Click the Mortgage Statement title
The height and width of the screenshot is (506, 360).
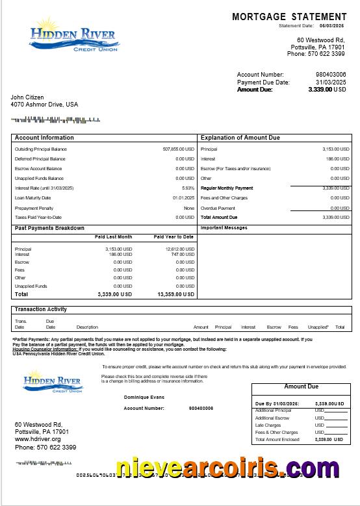[289, 17]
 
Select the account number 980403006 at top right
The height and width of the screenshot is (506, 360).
[331, 75]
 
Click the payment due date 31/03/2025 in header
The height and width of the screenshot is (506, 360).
[331, 82]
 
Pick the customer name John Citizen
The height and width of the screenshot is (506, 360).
[27, 97]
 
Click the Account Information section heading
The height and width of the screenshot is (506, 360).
[44, 138]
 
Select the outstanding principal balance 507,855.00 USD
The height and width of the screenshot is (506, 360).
[178, 149]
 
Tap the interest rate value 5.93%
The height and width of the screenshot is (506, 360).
[188, 188]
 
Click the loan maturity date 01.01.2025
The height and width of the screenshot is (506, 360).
[183, 197]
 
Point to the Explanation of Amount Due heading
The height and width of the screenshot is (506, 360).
[240, 138]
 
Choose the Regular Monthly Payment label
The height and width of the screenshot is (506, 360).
[227, 188]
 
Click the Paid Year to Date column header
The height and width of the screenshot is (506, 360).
[174, 237]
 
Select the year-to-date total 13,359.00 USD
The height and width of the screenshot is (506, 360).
[175, 294]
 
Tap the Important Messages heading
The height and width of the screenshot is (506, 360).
[224, 228]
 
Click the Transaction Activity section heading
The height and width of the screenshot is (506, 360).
[41, 309]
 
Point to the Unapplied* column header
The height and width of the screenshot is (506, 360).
[318, 327]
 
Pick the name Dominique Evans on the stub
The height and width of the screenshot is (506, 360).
[144, 398]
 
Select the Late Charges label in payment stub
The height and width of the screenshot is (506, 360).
[268, 425]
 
